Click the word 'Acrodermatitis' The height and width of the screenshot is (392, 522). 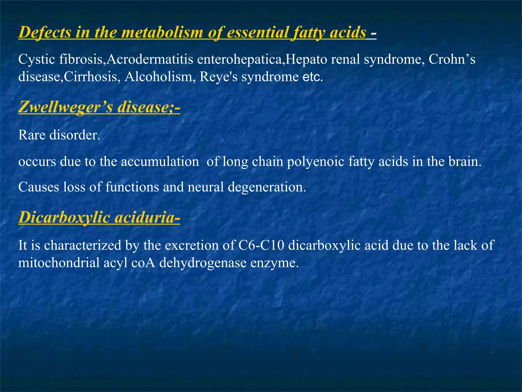pyautogui.click(x=150, y=59)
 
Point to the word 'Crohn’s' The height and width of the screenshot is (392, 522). pyautogui.click(x=452, y=59)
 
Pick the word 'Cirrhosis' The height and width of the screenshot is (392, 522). pyautogui.click(x=90, y=77)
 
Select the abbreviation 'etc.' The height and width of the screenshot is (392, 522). pyautogui.click(x=313, y=77)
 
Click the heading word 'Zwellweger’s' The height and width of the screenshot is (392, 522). pyautogui.click(x=66, y=107)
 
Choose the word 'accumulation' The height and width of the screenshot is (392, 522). pyautogui.click(x=160, y=162)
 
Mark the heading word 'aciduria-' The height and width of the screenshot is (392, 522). pyautogui.click(x=147, y=218)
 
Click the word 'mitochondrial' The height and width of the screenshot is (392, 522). pyautogui.click(x=59, y=263)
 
